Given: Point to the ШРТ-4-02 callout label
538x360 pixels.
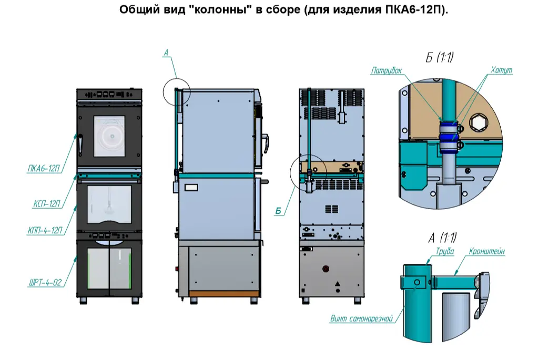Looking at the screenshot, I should point(45,283).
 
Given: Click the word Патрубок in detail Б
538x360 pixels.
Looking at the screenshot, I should point(387,70).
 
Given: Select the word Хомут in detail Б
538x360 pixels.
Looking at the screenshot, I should point(501,70).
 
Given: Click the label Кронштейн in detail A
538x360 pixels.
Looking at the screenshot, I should point(487,252).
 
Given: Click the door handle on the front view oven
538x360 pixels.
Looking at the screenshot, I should point(80,142).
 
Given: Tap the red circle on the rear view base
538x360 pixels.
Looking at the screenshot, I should point(326,269).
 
